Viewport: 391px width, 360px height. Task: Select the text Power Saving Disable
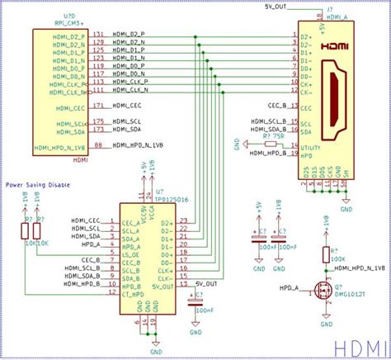pos(38,185)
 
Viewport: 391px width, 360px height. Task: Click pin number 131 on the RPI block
pos(99,35)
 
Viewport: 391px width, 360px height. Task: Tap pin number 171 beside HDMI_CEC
pos(99,107)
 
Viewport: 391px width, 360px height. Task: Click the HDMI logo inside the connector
pos(336,48)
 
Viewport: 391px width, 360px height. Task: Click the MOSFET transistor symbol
pos(323,293)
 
